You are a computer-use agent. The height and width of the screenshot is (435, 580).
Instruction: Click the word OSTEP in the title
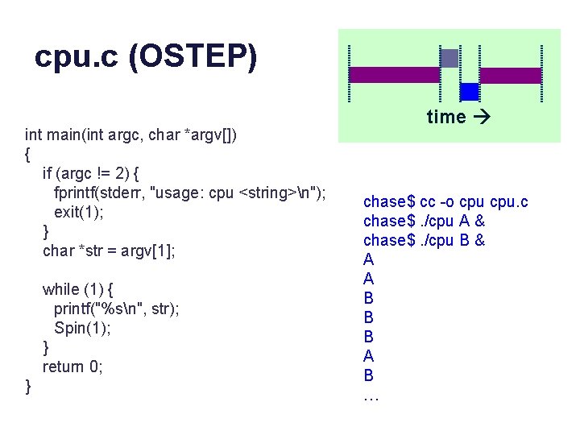pos(201,58)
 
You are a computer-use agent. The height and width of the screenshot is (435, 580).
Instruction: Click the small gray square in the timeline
pos(449,58)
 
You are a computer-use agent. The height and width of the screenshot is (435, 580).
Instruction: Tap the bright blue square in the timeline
pos(470,92)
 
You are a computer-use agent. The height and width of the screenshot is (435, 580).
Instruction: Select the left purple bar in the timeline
pos(395,75)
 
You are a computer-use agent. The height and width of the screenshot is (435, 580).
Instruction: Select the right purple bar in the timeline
pos(511,76)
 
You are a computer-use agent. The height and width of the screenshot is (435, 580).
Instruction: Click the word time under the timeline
pos(446,117)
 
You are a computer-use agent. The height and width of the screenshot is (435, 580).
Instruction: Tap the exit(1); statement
pos(79,212)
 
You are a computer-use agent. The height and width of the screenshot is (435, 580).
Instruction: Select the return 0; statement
pos(73,367)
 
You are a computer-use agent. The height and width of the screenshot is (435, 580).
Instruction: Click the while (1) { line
pos(78,289)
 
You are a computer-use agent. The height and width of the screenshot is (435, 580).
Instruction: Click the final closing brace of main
pos(29,387)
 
